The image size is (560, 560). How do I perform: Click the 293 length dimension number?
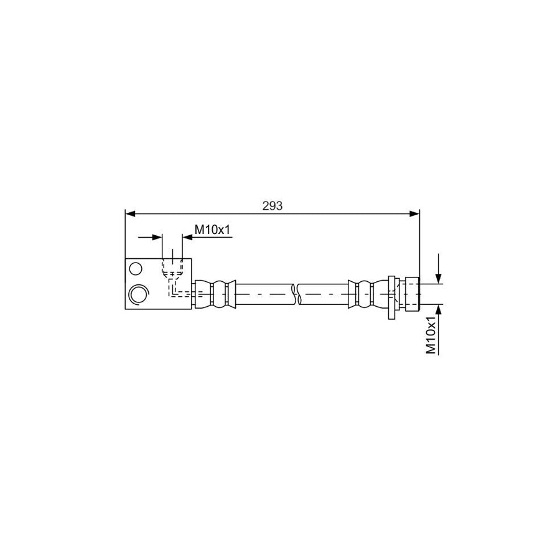pyautogui.click(x=273, y=206)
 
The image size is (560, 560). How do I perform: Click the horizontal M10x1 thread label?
pyautogui.click(x=213, y=230)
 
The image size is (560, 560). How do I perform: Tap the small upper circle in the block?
pyautogui.click(x=135, y=269)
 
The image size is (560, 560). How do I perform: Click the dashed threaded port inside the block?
pyautogui.click(x=172, y=266)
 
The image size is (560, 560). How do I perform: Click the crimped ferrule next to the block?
pyautogui.click(x=215, y=294)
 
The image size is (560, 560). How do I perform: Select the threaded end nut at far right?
pyautogui.click(x=411, y=294)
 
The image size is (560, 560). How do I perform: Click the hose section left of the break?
pyautogui.click(x=264, y=294)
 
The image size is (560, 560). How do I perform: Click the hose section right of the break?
pyautogui.click(x=324, y=294)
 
